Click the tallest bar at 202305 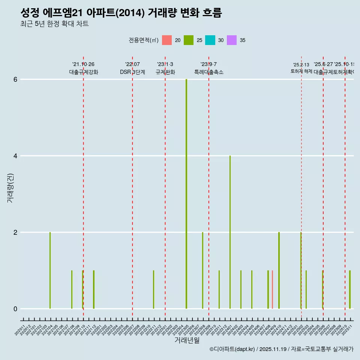(186, 194)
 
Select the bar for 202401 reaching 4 (230, 232)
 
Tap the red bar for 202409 (272, 289)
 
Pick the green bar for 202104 (50, 270)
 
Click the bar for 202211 (153, 289)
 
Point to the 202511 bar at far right (350, 289)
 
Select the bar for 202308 (203, 270)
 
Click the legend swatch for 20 (167, 40)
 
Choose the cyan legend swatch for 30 (210, 40)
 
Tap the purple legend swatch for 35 (232, 40)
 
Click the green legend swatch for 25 (189, 40)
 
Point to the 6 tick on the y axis (15, 79)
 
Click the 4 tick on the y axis (15, 156)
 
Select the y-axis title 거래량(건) (10, 188)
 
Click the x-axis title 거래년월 (187, 340)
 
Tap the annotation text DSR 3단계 (132, 72)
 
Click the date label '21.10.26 (83, 64)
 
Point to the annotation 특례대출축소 (208, 72)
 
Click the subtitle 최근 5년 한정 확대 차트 (54, 24)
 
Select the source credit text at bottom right (281, 349)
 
